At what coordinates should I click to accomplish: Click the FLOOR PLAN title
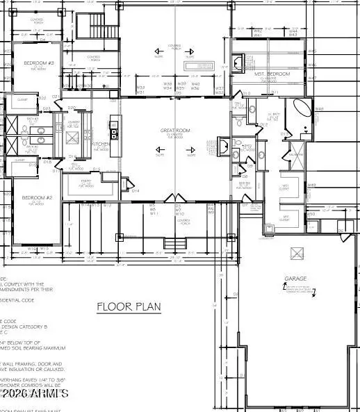[x=127, y=306]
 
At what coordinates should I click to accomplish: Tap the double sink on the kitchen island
[x=113, y=133]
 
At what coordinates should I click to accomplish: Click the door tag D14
[x=136, y=190]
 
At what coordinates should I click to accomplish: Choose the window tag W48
[x=320, y=109]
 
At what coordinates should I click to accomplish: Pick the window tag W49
[x=312, y=186]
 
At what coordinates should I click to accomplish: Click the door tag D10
[x=246, y=92]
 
